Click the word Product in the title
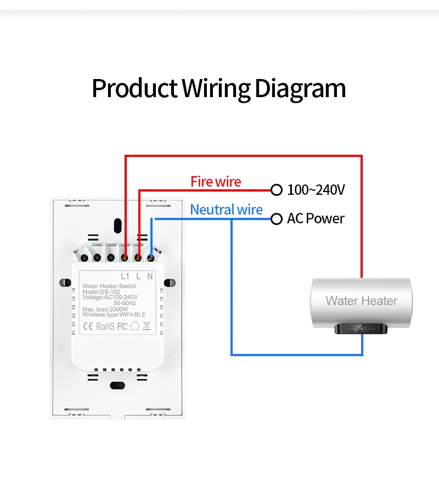(x=134, y=88)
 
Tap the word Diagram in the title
(x=300, y=88)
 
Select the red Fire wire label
(x=216, y=182)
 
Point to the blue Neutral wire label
(x=226, y=210)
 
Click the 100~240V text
(x=316, y=190)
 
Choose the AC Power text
(x=316, y=219)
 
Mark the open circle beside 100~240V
(x=277, y=190)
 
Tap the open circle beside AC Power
(x=277, y=219)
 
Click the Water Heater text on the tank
(x=361, y=301)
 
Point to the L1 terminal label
(x=125, y=277)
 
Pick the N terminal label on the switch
(x=150, y=277)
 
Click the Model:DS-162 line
(x=102, y=292)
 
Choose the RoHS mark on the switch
(x=105, y=327)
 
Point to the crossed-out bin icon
(x=147, y=326)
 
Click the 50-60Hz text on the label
(x=125, y=303)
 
